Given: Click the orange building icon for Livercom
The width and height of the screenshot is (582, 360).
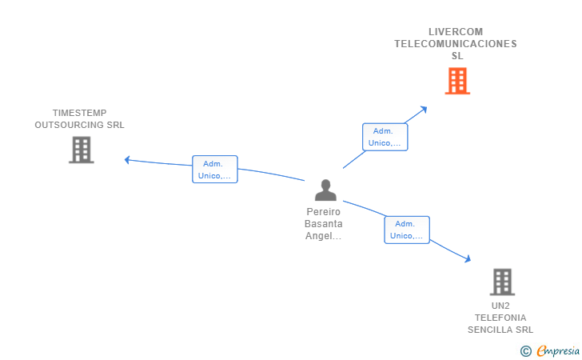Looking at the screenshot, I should point(457,81).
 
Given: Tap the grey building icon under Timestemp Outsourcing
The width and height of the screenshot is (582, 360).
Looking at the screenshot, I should point(81,150).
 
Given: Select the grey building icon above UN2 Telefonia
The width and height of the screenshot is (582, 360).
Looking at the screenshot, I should point(501,282).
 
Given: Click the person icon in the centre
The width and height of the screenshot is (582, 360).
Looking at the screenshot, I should point(325,190).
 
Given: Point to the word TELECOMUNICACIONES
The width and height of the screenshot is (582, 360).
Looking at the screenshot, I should point(456,44).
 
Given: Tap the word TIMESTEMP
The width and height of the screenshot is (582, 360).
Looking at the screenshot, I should point(79,113).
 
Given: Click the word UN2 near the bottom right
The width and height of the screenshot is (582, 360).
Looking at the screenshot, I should point(500,306).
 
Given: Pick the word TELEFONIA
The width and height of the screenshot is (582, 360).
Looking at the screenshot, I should point(500,318).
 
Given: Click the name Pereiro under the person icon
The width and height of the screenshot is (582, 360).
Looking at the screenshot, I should point(323,212).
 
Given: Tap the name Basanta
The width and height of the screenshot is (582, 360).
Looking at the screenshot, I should point(324,224).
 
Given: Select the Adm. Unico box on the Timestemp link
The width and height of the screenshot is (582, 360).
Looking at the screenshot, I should point(215,169).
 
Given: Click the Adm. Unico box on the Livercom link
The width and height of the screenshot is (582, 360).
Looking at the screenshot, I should point(385,137).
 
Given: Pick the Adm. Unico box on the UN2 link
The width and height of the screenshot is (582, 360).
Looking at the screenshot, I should point(407,230).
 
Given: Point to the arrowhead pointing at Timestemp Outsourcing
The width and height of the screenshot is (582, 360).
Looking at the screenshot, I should point(127,159).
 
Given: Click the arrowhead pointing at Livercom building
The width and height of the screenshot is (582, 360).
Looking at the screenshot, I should point(425,108).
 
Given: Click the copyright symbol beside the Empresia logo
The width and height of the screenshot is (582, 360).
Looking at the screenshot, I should point(525,350).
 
